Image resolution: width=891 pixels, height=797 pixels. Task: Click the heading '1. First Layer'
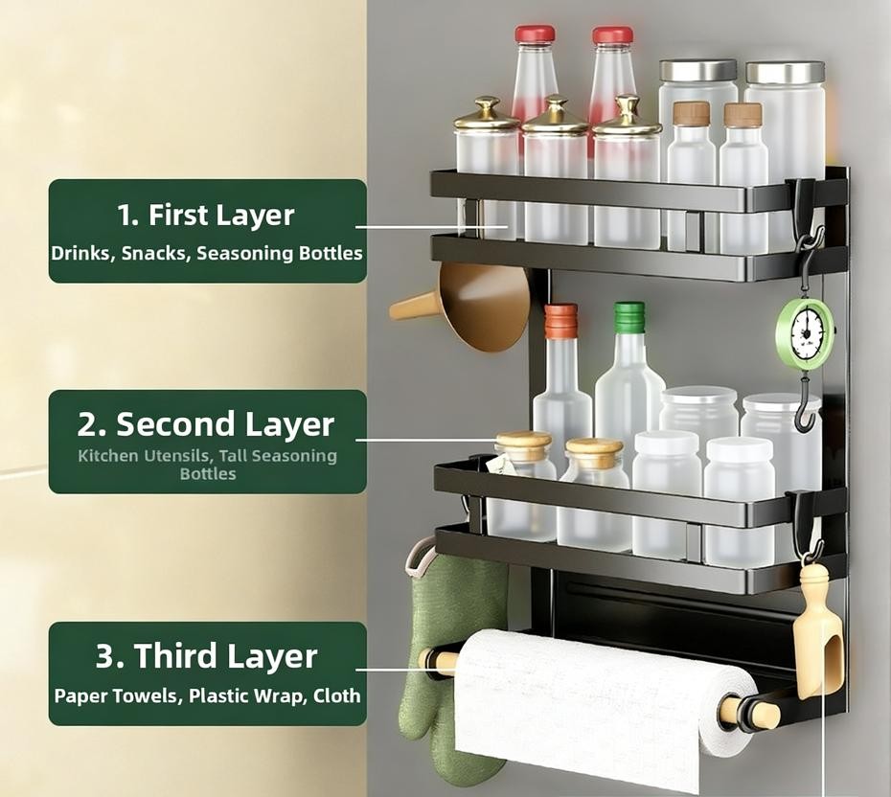coord(206,216)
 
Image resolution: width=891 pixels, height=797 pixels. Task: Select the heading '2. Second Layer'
coord(206,424)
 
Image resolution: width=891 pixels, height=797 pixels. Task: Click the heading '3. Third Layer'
coord(206,656)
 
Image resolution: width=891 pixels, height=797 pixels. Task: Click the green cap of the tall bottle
coord(629,317)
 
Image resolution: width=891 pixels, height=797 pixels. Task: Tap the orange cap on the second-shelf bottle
coord(560,319)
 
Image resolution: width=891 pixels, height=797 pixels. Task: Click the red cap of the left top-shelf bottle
coord(535,34)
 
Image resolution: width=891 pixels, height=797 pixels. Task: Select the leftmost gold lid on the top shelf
coord(488,114)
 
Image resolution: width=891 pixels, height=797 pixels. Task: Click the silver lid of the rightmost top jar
coord(785,72)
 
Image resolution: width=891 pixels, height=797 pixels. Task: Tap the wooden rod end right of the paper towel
coord(749,712)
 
